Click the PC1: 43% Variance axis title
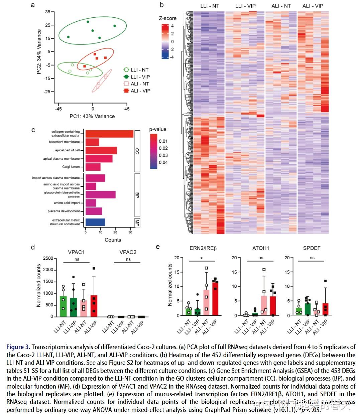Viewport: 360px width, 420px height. click(92, 116)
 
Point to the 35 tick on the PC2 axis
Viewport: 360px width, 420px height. click(47, 12)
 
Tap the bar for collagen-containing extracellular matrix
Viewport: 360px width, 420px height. click(109, 134)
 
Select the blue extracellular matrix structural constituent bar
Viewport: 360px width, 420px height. click(95, 222)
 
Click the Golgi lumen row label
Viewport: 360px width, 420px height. click(71, 167)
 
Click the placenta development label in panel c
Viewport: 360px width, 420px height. click(64, 211)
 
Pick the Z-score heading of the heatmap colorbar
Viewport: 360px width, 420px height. click(167, 18)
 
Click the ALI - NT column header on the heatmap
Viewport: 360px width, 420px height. click(281, 6)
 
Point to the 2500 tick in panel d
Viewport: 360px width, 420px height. click(48, 258)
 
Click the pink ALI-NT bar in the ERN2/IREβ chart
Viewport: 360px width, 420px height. click(206, 302)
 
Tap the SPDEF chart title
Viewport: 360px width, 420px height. click(312, 248)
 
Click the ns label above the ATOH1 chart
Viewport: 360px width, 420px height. click(261, 258)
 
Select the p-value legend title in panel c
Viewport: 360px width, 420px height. click(158, 129)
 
